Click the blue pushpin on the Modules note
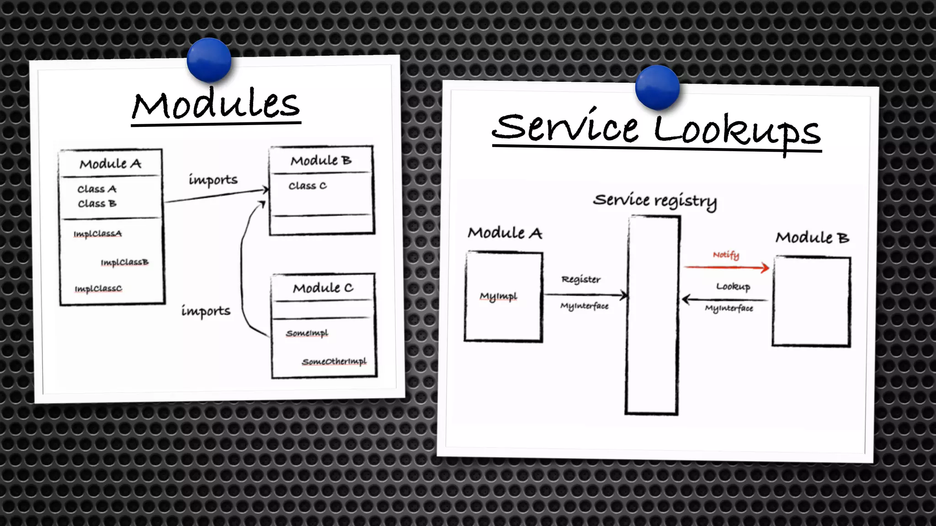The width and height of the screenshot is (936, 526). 209,60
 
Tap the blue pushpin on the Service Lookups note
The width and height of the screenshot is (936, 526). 657,87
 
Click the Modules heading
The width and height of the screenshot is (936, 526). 216,105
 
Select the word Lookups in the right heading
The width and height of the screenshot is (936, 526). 737,131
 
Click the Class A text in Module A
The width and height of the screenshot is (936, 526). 97,189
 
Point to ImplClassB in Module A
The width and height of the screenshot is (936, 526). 124,263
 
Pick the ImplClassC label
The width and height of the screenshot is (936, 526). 98,289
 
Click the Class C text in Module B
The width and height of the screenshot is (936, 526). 307,186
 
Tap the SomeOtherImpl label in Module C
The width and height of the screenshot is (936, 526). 334,362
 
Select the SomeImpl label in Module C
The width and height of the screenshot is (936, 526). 307,333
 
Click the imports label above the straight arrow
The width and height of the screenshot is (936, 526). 213,180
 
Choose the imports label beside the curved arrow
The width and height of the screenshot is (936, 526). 206,311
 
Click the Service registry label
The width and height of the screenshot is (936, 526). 654,200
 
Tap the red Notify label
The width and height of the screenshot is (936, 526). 726,255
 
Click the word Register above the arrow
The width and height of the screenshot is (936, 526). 581,279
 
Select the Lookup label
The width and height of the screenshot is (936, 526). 733,287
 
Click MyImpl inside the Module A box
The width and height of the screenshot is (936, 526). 498,297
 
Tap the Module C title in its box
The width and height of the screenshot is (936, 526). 323,288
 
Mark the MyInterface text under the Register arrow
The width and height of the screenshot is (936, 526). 584,306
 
